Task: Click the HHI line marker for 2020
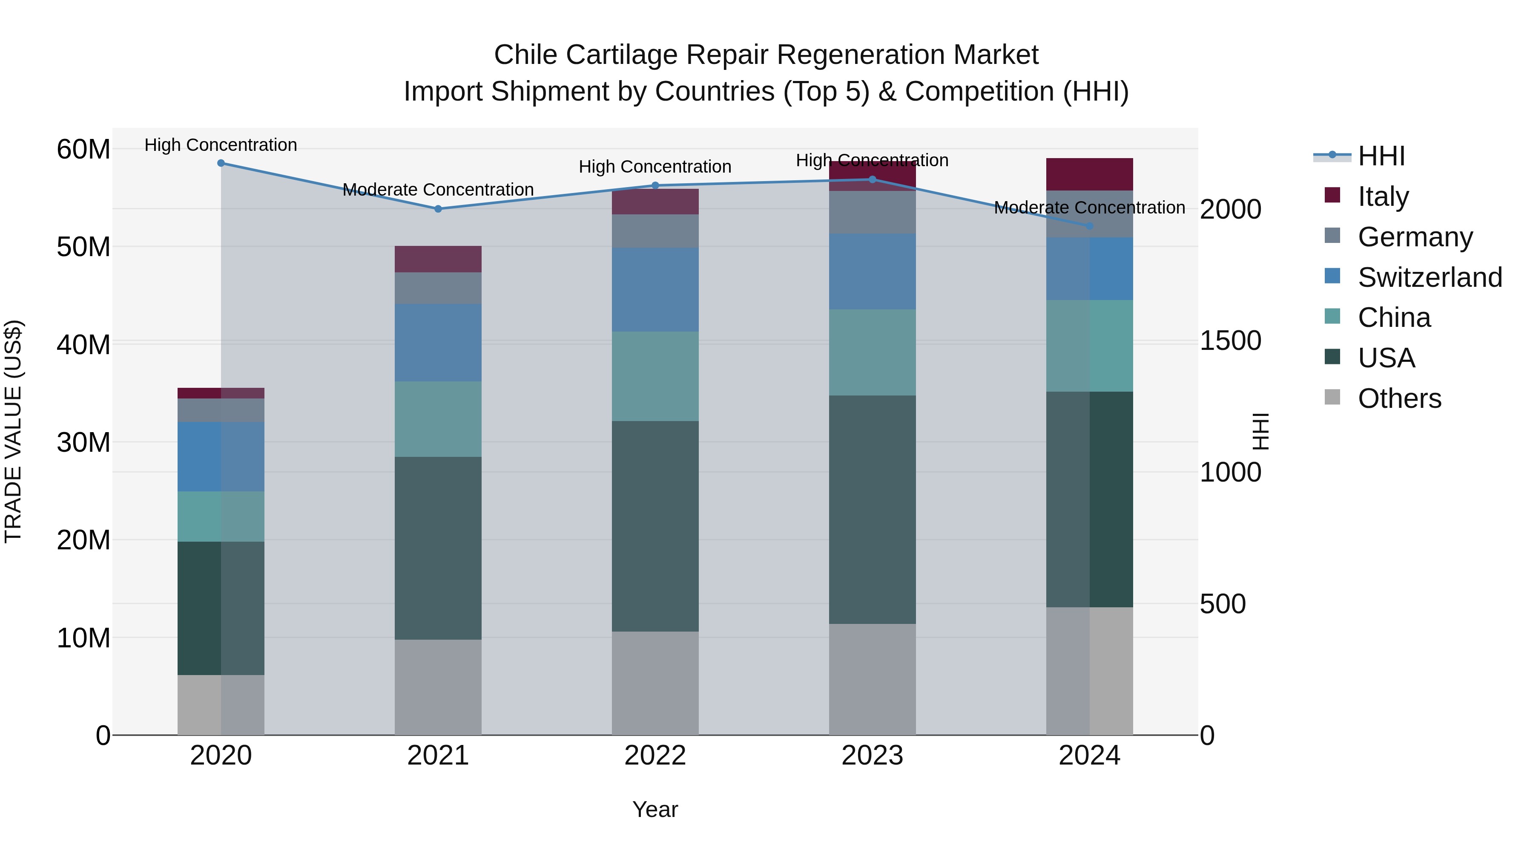221,163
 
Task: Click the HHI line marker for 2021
438,209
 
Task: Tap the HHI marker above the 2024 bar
1090,226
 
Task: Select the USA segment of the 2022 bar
655,526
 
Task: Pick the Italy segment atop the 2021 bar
438,259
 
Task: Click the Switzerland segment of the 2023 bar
873,271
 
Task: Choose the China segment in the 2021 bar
438,419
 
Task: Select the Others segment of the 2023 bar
873,680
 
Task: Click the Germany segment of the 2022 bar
655,231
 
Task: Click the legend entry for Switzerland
1430,277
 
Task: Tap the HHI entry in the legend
1381,156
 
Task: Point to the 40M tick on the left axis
83,345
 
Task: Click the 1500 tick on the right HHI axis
1230,341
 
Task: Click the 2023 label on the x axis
873,756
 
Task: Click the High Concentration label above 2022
655,167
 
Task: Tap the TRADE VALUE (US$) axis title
13,431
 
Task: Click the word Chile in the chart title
526,55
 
